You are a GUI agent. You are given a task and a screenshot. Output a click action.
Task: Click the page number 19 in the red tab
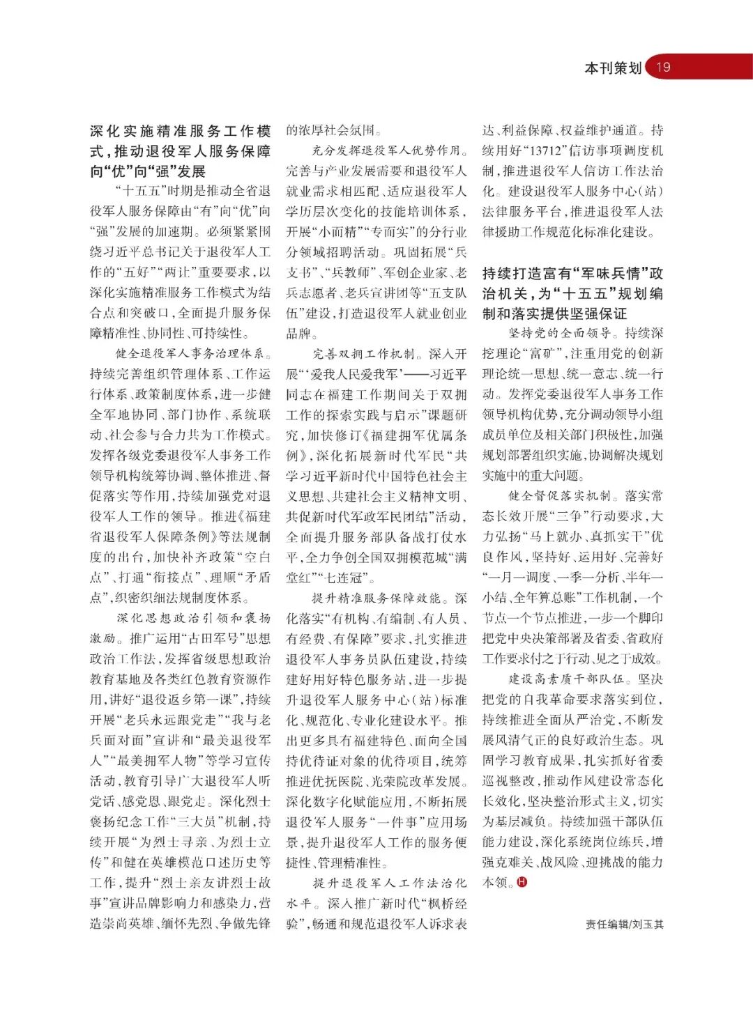click(663, 67)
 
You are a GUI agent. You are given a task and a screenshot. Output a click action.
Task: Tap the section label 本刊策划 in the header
click(612, 68)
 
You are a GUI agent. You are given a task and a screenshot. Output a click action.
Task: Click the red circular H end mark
click(522, 882)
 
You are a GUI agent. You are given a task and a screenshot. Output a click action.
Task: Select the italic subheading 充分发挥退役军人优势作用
click(386, 150)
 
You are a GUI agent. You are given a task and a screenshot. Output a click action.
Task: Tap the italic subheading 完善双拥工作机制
click(363, 353)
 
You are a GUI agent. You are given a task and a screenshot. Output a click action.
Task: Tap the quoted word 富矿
click(556, 353)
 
